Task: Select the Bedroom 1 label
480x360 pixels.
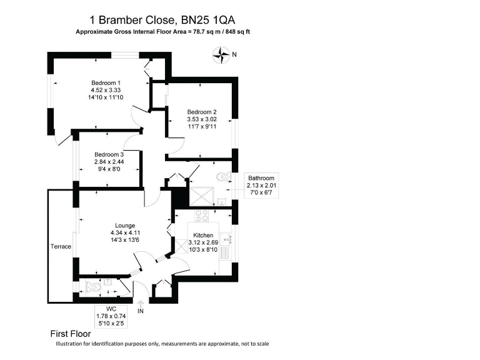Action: click(106, 83)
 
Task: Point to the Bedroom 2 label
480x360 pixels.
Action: click(201, 112)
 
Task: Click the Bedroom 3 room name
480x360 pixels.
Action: click(109, 155)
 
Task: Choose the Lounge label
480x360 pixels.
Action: click(124, 226)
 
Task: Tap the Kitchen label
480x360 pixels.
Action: click(203, 236)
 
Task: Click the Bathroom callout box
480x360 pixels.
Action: click(261, 185)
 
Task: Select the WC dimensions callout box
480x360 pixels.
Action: click(111, 316)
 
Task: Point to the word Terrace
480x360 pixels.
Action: click(61, 247)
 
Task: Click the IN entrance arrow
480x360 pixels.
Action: click(140, 305)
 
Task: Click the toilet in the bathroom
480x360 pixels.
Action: click(221, 179)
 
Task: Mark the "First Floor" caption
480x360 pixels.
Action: click(71, 334)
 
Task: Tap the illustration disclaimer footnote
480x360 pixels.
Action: click(162, 344)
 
